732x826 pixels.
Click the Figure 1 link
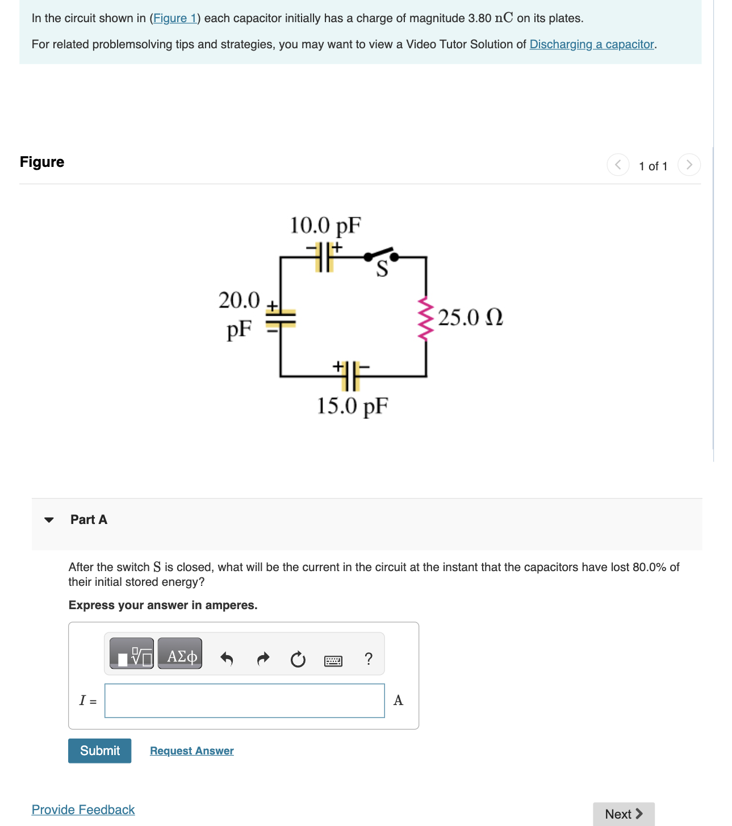pos(174,18)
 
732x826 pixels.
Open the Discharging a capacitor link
pos(592,44)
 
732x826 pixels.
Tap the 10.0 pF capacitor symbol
pos(324,257)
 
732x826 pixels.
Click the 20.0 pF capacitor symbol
pos(281,318)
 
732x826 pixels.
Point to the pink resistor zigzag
pos(425,317)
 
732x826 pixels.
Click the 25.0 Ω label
pos(470,317)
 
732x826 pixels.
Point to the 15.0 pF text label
pos(352,406)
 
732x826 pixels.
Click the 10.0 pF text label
pos(325,225)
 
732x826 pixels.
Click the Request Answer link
pos(191,750)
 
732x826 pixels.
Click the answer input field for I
pos(244,701)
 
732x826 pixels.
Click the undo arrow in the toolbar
pos(227,659)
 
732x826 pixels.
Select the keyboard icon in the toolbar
pos(333,660)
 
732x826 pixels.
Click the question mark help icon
pos(369,659)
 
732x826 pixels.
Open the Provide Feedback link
pos(83,810)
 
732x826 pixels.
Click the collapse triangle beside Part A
pos(49,519)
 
